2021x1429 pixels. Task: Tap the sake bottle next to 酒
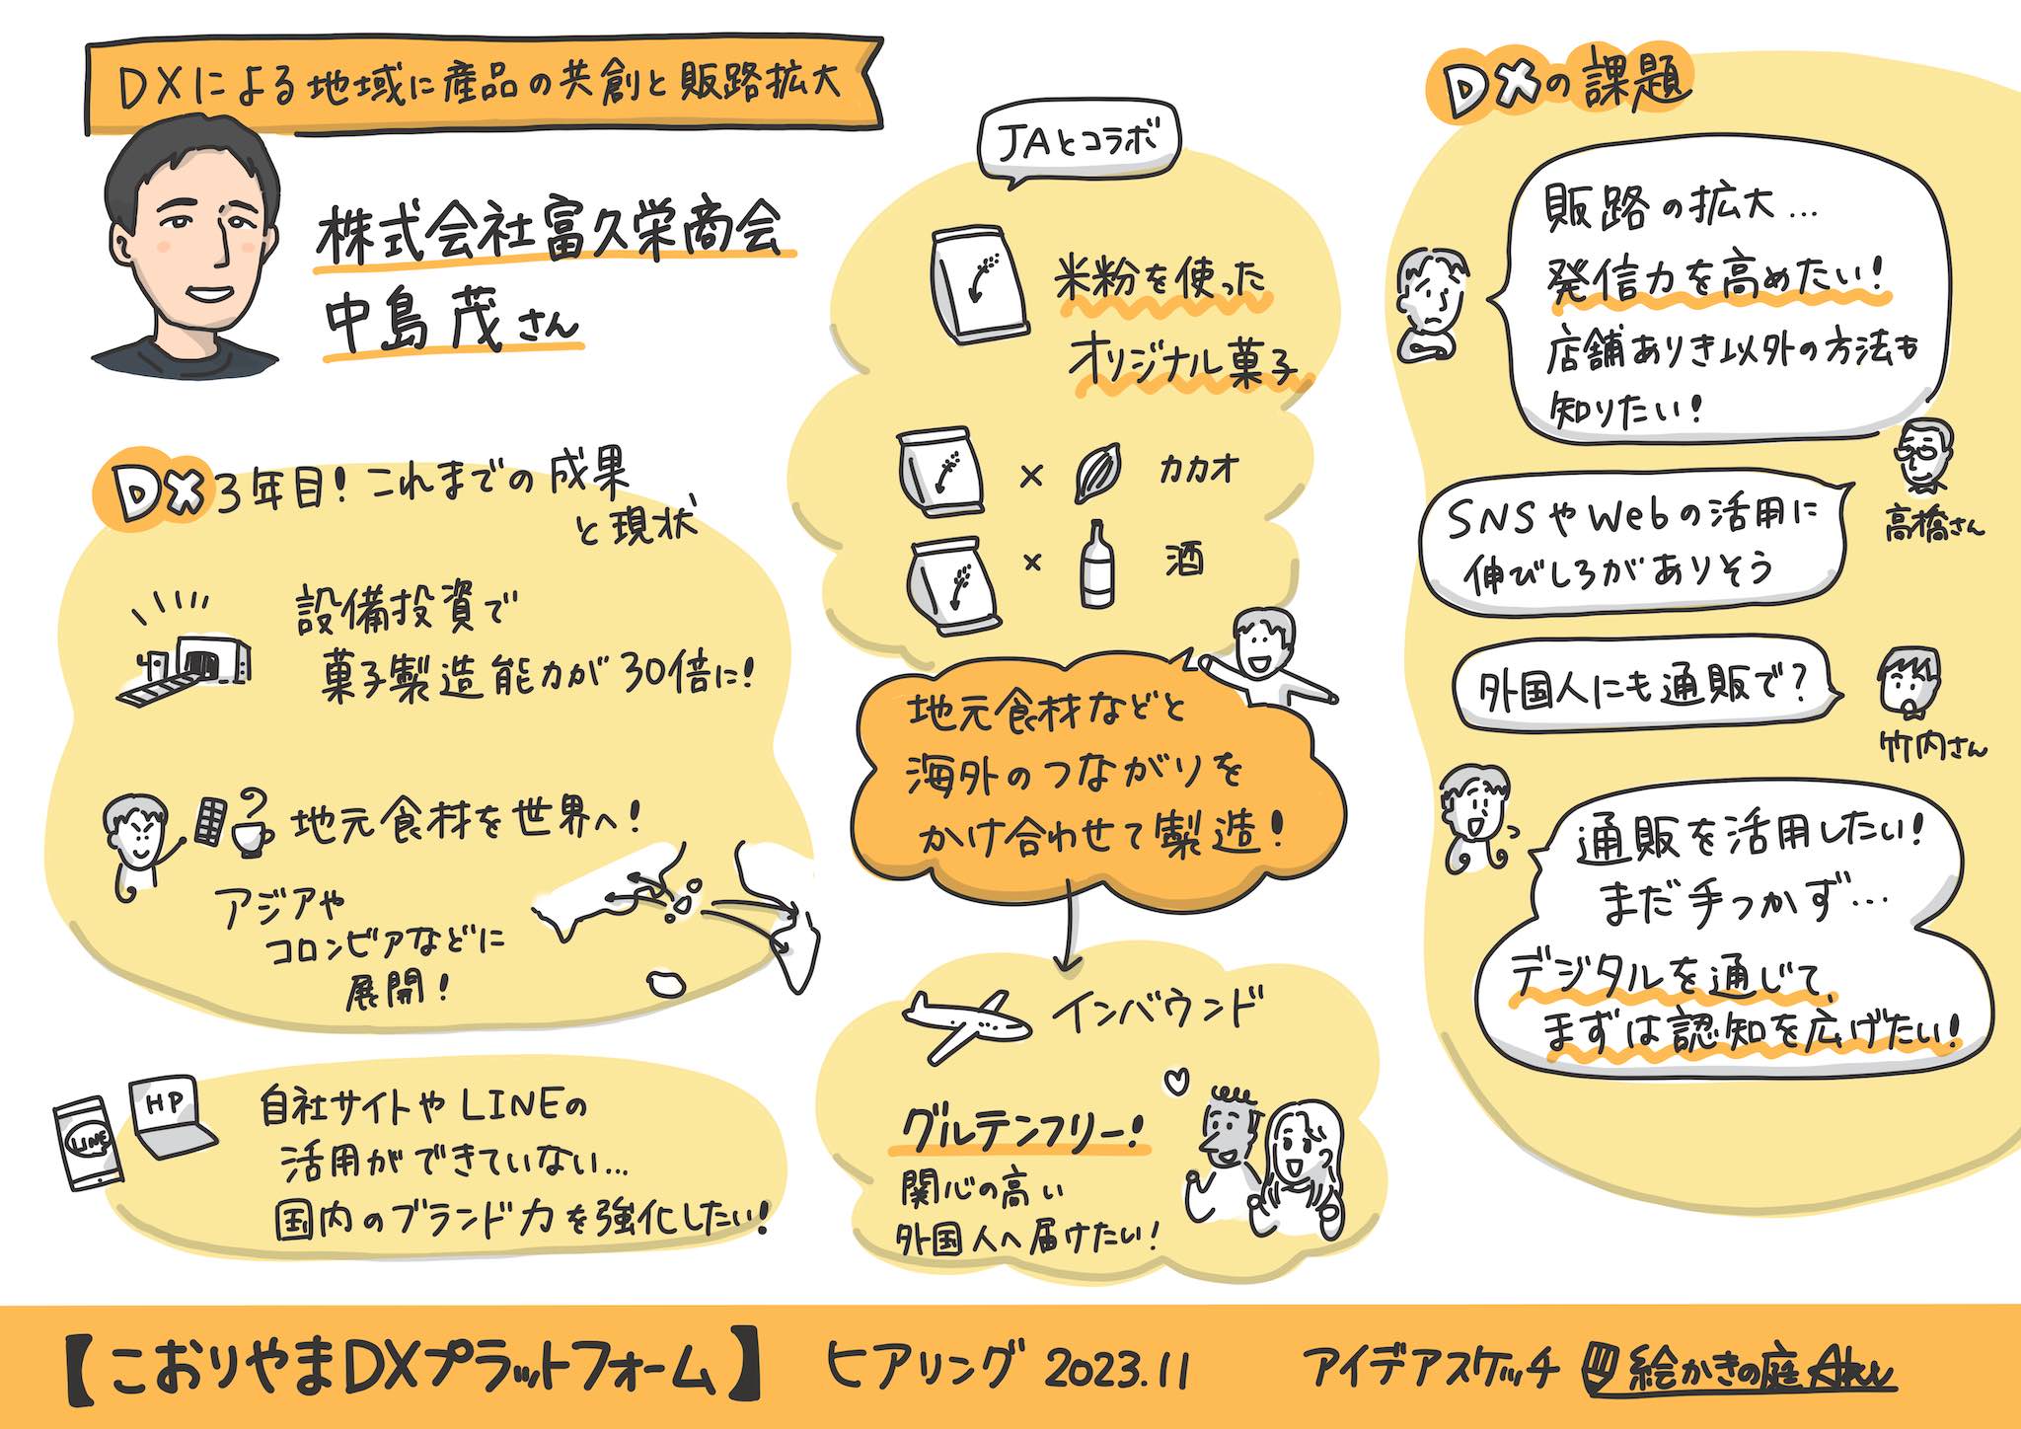1096,564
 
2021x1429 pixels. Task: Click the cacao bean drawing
1097,473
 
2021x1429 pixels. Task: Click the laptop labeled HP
172,1118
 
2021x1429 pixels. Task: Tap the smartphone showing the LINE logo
88,1144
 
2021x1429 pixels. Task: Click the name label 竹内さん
1932,747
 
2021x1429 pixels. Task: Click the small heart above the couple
1178,1080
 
